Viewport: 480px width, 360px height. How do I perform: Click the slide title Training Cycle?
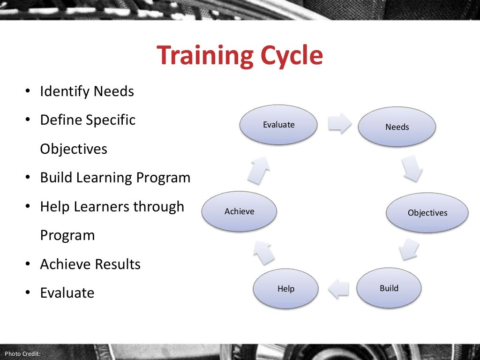240,56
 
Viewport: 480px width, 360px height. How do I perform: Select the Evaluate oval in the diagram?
278,125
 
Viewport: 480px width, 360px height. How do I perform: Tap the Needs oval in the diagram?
397,127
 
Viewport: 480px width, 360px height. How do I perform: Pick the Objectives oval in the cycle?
427,213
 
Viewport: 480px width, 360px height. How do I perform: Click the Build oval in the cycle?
389,288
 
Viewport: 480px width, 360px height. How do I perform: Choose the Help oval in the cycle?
285,289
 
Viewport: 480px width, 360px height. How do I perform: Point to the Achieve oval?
239,211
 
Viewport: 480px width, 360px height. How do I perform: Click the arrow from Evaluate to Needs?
339,123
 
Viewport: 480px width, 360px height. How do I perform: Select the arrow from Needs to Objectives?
412,169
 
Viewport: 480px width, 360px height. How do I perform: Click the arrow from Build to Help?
339,288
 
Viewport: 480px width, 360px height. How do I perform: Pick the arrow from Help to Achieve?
264,252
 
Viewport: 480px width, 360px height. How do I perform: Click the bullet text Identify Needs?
87,91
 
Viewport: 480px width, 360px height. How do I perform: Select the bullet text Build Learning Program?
115,178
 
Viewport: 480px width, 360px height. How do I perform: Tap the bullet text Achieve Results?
90,264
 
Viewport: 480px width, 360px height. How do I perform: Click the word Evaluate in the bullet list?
67,293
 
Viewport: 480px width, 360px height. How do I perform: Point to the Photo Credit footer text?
22,353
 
